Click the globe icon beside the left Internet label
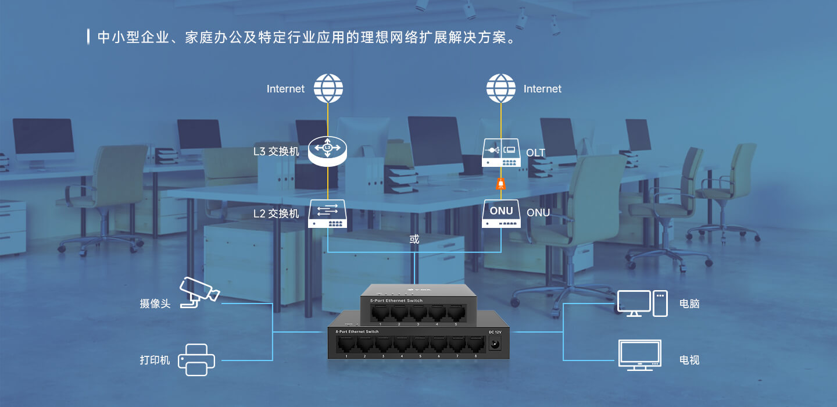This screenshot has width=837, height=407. (328, 88)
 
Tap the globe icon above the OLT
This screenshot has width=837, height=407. (501, 88)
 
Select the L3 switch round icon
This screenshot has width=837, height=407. (328, 151)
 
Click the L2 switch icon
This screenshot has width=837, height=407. (328, 213)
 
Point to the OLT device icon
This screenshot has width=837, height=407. (501, 153)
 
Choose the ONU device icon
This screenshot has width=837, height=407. (501, 213)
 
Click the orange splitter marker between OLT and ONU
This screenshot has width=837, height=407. (501, 184)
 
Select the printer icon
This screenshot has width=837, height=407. (196, 359)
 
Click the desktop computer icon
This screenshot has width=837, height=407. (642, 304)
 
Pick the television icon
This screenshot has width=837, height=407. (640, 355)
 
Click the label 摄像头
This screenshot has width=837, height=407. (155, 304)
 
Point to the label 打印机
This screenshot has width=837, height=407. (155, 360)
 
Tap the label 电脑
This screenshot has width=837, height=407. (689, 304)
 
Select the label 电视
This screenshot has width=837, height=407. (689, 360)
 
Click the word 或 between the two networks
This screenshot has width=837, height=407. (414, 239)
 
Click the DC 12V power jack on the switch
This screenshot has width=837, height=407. (496, 344)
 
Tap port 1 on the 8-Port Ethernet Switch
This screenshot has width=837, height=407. (346, 344)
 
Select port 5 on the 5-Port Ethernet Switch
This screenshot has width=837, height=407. (455, 312)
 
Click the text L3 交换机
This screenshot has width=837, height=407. (276, 152)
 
